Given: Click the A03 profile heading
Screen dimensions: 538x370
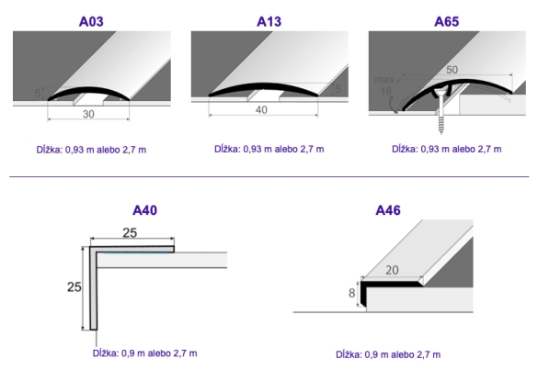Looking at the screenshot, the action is (91, 22).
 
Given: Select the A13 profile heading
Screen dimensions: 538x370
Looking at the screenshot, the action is (269, 22).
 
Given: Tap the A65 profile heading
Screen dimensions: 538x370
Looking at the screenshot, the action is (446, 22).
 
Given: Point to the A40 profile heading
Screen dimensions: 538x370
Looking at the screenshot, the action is (144, 210).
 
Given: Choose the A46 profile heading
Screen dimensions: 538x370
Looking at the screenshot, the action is (388, 210).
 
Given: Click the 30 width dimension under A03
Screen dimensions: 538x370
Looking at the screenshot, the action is (88, 114).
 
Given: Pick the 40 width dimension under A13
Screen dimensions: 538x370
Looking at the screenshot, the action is (261, 110).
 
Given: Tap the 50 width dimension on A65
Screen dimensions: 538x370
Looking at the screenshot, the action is (452, 70).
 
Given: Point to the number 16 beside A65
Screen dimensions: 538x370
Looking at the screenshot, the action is (386, 91).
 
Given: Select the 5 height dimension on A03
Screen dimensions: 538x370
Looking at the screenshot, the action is (38, 93).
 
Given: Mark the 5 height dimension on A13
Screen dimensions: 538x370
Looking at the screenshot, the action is (338, 89).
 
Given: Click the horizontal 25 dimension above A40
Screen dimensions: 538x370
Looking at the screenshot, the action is (130, 233).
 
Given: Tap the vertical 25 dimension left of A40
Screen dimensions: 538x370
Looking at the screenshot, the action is (74, 287).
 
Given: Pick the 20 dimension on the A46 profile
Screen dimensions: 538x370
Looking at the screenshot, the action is (392, 270).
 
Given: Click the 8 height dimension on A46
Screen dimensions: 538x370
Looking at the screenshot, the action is (351, 293).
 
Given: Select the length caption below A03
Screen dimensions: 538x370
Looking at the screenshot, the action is (91, 150).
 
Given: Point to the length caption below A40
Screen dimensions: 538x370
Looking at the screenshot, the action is (144, 353).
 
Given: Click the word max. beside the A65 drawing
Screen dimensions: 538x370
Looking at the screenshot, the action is (384, 80).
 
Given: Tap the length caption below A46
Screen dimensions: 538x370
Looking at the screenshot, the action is (388, 354).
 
